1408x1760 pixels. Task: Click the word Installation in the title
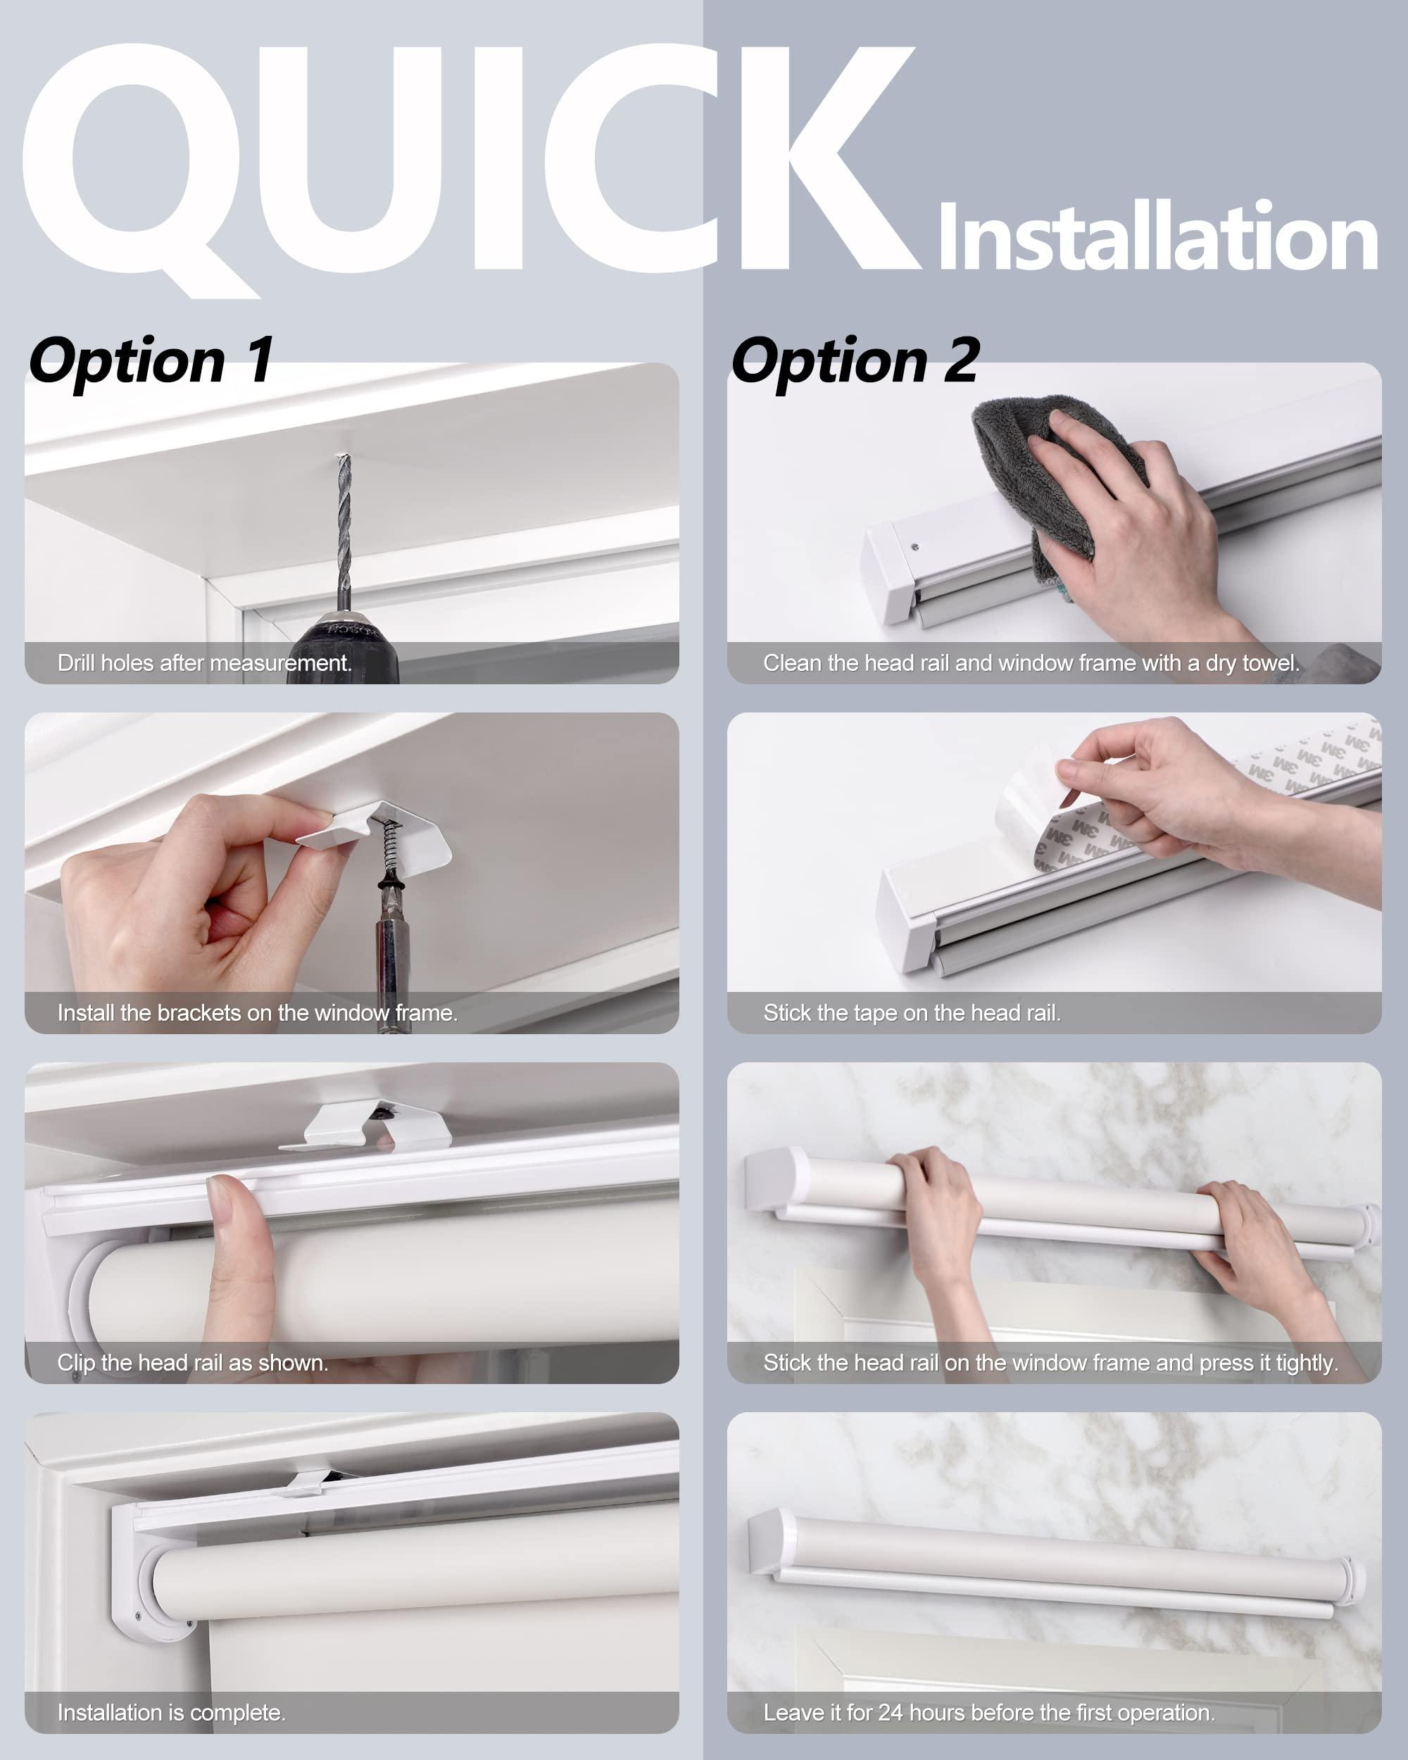(x=1157, y=239)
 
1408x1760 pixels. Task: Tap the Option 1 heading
(x=151, y=361)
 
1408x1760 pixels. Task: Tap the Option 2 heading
(x=855, y=361)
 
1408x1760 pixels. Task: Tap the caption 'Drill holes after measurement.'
(x=204, y=663)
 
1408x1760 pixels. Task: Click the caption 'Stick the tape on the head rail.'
(x=912, y=1013)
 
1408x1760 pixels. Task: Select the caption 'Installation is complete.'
(x=171, y=1713)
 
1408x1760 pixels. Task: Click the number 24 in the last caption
(x=890, y=1713)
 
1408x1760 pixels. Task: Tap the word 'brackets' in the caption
(x=199, y=1013)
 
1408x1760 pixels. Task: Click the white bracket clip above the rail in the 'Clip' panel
(x=367, y=1126)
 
